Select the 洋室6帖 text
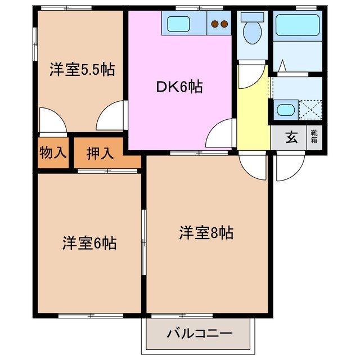[x=89, y=243]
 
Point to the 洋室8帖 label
[x=206, y=232]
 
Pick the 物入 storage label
[x=53, y=152]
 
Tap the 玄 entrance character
[x=291, y=138]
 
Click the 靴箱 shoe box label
[x=314, y=137]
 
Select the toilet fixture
[x=251, y=28]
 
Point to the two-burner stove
[x=219, y=24]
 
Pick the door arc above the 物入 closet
[x=52, y=121]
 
